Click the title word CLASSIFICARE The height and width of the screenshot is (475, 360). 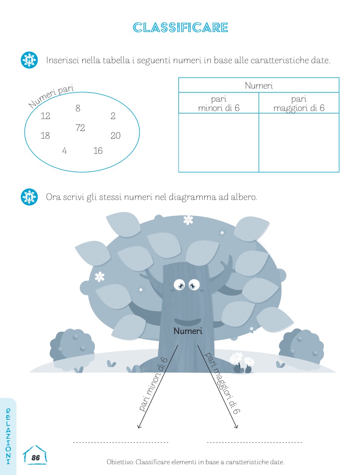[x=180, y=27]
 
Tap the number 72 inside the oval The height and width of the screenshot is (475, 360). [x=80, y=128]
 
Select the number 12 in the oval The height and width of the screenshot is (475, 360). [x=45, y=116]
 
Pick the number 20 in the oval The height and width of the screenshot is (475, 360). [x=115, y=136]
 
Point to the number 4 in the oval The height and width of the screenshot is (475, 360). [x=64, y=151]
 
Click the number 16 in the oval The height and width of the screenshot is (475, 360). [x=98, y=151]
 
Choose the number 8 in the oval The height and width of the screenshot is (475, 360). [x=78, y=108]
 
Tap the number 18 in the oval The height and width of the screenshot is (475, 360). [x=45, y=136]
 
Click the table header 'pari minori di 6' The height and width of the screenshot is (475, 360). [x=219, y=103]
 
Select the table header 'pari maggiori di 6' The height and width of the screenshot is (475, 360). [x=299, y=103]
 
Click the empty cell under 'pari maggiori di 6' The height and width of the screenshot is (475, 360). [x=299, y=143]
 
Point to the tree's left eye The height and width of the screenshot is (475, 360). [x=179, y=285]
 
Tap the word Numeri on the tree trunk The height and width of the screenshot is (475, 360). [x=188, y=331]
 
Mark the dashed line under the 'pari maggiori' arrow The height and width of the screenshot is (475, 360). [x=254, y=442]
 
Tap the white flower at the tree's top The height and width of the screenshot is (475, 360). [x=188, y=220]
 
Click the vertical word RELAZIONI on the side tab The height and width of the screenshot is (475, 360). [x=8, y=436]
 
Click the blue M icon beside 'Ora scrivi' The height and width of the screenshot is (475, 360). [x=29, y=197]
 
